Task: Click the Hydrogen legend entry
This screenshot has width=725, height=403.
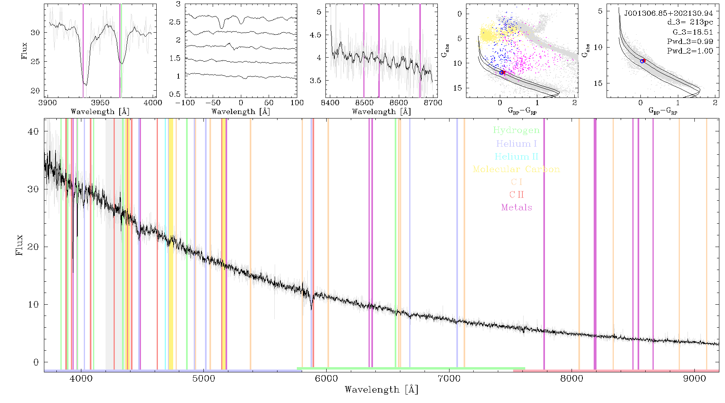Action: (516, 130)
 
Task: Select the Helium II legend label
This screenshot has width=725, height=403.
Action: (516, 156)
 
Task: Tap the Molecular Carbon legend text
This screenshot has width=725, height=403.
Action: (516, 169)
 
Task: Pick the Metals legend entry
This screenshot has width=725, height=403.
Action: (516, 208)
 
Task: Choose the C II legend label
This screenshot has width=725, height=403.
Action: (516, 195)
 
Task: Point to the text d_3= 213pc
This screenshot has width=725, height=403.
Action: (684, 23)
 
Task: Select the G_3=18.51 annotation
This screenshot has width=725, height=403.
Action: (687, 32)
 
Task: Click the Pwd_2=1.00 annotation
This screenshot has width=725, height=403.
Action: (690, 51)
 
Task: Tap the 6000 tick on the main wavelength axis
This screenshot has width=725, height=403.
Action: (326, 379)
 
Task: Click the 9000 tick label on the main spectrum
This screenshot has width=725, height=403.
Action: (694, 379)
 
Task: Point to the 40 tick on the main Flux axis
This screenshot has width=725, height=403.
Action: (33, 131)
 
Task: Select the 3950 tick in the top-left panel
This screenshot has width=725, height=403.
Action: (100, 103)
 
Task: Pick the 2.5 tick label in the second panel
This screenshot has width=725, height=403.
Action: (174, 22)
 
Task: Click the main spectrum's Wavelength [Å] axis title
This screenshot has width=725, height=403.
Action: (381, 390)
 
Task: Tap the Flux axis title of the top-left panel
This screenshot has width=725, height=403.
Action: (25, 51)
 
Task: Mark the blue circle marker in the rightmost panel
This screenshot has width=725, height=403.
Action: (642, 61)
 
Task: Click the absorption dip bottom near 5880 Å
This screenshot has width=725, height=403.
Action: (311, 309)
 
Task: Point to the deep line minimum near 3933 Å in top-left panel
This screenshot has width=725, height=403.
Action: (85, 84)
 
